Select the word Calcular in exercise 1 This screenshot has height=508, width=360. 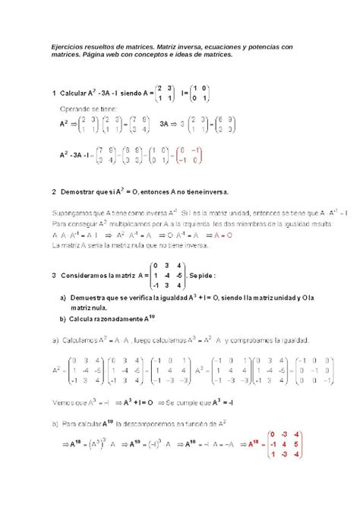(x=75, y=93)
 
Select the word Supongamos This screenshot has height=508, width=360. (x=75, y=215)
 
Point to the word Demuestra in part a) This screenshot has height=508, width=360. (x=90, y=298)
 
